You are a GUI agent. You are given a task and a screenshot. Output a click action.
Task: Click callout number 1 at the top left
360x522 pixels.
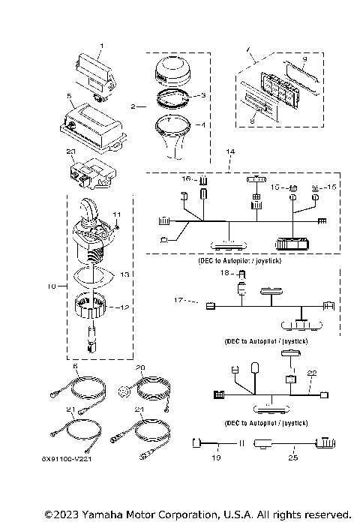pos(103,47)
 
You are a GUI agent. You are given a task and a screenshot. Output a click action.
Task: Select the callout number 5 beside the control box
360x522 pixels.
pos(68,96)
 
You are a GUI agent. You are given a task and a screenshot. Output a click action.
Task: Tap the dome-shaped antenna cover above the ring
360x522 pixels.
pos(175,73)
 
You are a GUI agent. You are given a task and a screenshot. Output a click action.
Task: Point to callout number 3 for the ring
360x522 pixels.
pos(201,96)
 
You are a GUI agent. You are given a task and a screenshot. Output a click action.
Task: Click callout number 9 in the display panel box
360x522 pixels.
pos(305,58)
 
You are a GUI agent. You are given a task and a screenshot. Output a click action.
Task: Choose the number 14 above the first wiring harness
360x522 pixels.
pos(230,151)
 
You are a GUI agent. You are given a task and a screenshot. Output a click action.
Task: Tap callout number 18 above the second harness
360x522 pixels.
pos(223,274)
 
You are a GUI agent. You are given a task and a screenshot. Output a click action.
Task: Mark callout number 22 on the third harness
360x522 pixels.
pos(313,373)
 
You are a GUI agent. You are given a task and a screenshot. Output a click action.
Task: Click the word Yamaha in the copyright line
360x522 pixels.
pos(89,514)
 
